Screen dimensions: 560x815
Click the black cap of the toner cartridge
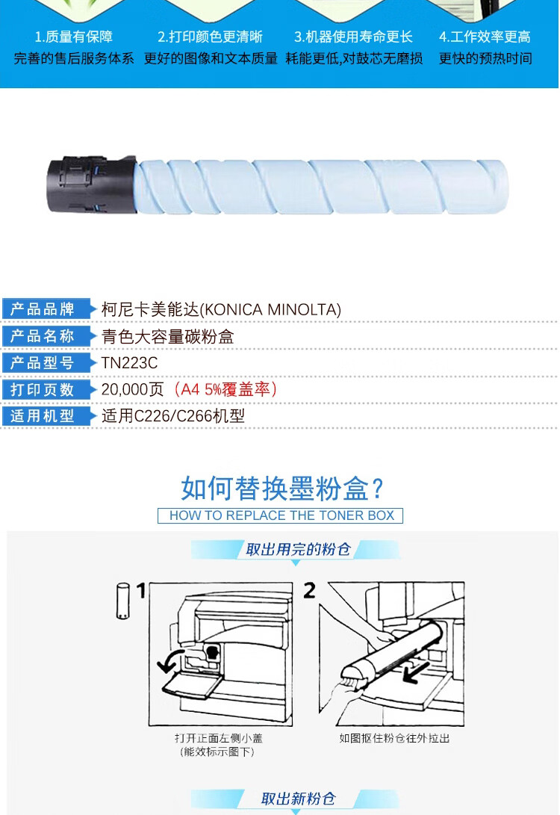92,184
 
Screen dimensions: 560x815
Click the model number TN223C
129,363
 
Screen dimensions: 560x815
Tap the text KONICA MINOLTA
270,310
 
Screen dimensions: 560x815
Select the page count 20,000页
132,388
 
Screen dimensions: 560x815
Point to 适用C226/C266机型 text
173,416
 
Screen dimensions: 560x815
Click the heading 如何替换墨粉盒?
282,489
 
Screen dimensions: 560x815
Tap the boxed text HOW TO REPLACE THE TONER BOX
281,515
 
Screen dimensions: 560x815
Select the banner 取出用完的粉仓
298,549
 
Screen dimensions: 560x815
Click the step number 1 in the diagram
141,590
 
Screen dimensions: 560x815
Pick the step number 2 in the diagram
310,590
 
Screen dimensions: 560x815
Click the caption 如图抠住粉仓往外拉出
395,738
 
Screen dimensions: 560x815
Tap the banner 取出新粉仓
298,799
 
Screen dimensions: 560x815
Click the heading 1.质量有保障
74,37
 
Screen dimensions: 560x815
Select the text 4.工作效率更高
485,37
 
